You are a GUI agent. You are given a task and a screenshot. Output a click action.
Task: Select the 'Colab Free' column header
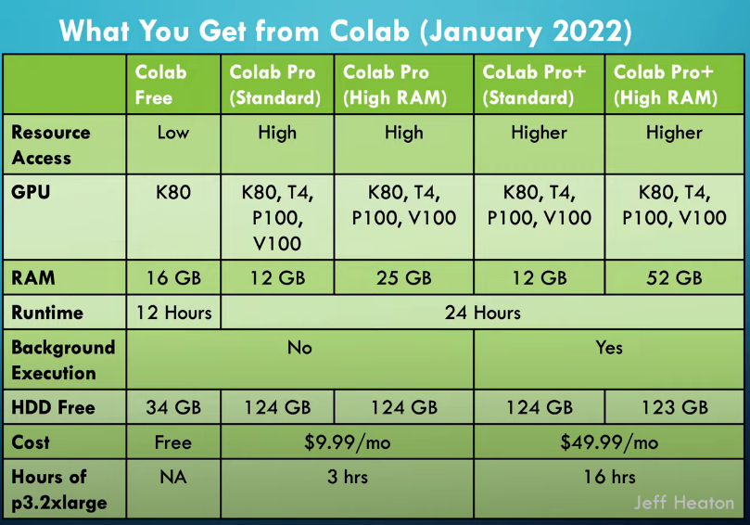click(160, 84)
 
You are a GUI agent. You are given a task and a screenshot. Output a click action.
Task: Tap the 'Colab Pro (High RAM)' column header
click(403, 84)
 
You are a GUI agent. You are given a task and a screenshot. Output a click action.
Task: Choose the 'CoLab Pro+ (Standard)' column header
click(539, 84)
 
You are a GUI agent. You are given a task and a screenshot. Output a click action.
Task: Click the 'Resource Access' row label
click(51, 145)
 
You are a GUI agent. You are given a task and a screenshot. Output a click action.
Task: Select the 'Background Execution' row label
click(63, 360)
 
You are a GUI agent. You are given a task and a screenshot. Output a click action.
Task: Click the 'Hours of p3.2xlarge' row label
click(57, 489)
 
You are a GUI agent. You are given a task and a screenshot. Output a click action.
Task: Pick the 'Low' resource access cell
click(173, 133)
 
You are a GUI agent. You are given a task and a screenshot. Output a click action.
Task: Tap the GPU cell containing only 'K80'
click(173, 193)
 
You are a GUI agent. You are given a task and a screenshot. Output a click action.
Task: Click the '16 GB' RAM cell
click(173, 277)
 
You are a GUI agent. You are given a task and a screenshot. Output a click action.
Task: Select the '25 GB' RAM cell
click(403, 277)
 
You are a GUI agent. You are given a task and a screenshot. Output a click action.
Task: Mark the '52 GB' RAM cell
click(674, 277)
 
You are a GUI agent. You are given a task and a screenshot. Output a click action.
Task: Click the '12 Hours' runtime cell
click(173, 313)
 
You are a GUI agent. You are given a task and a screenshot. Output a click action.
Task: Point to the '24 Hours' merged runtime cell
click(482, 313)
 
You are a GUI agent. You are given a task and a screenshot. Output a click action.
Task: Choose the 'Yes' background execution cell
click(609, 348)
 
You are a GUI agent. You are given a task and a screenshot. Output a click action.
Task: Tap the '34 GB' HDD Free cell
click(173, 407)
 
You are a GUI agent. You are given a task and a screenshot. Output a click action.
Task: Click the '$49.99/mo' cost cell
click(609, 442)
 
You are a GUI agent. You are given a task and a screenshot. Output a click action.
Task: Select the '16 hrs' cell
click(609, 478)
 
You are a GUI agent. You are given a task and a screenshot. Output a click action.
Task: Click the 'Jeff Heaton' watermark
click(683, 504)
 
